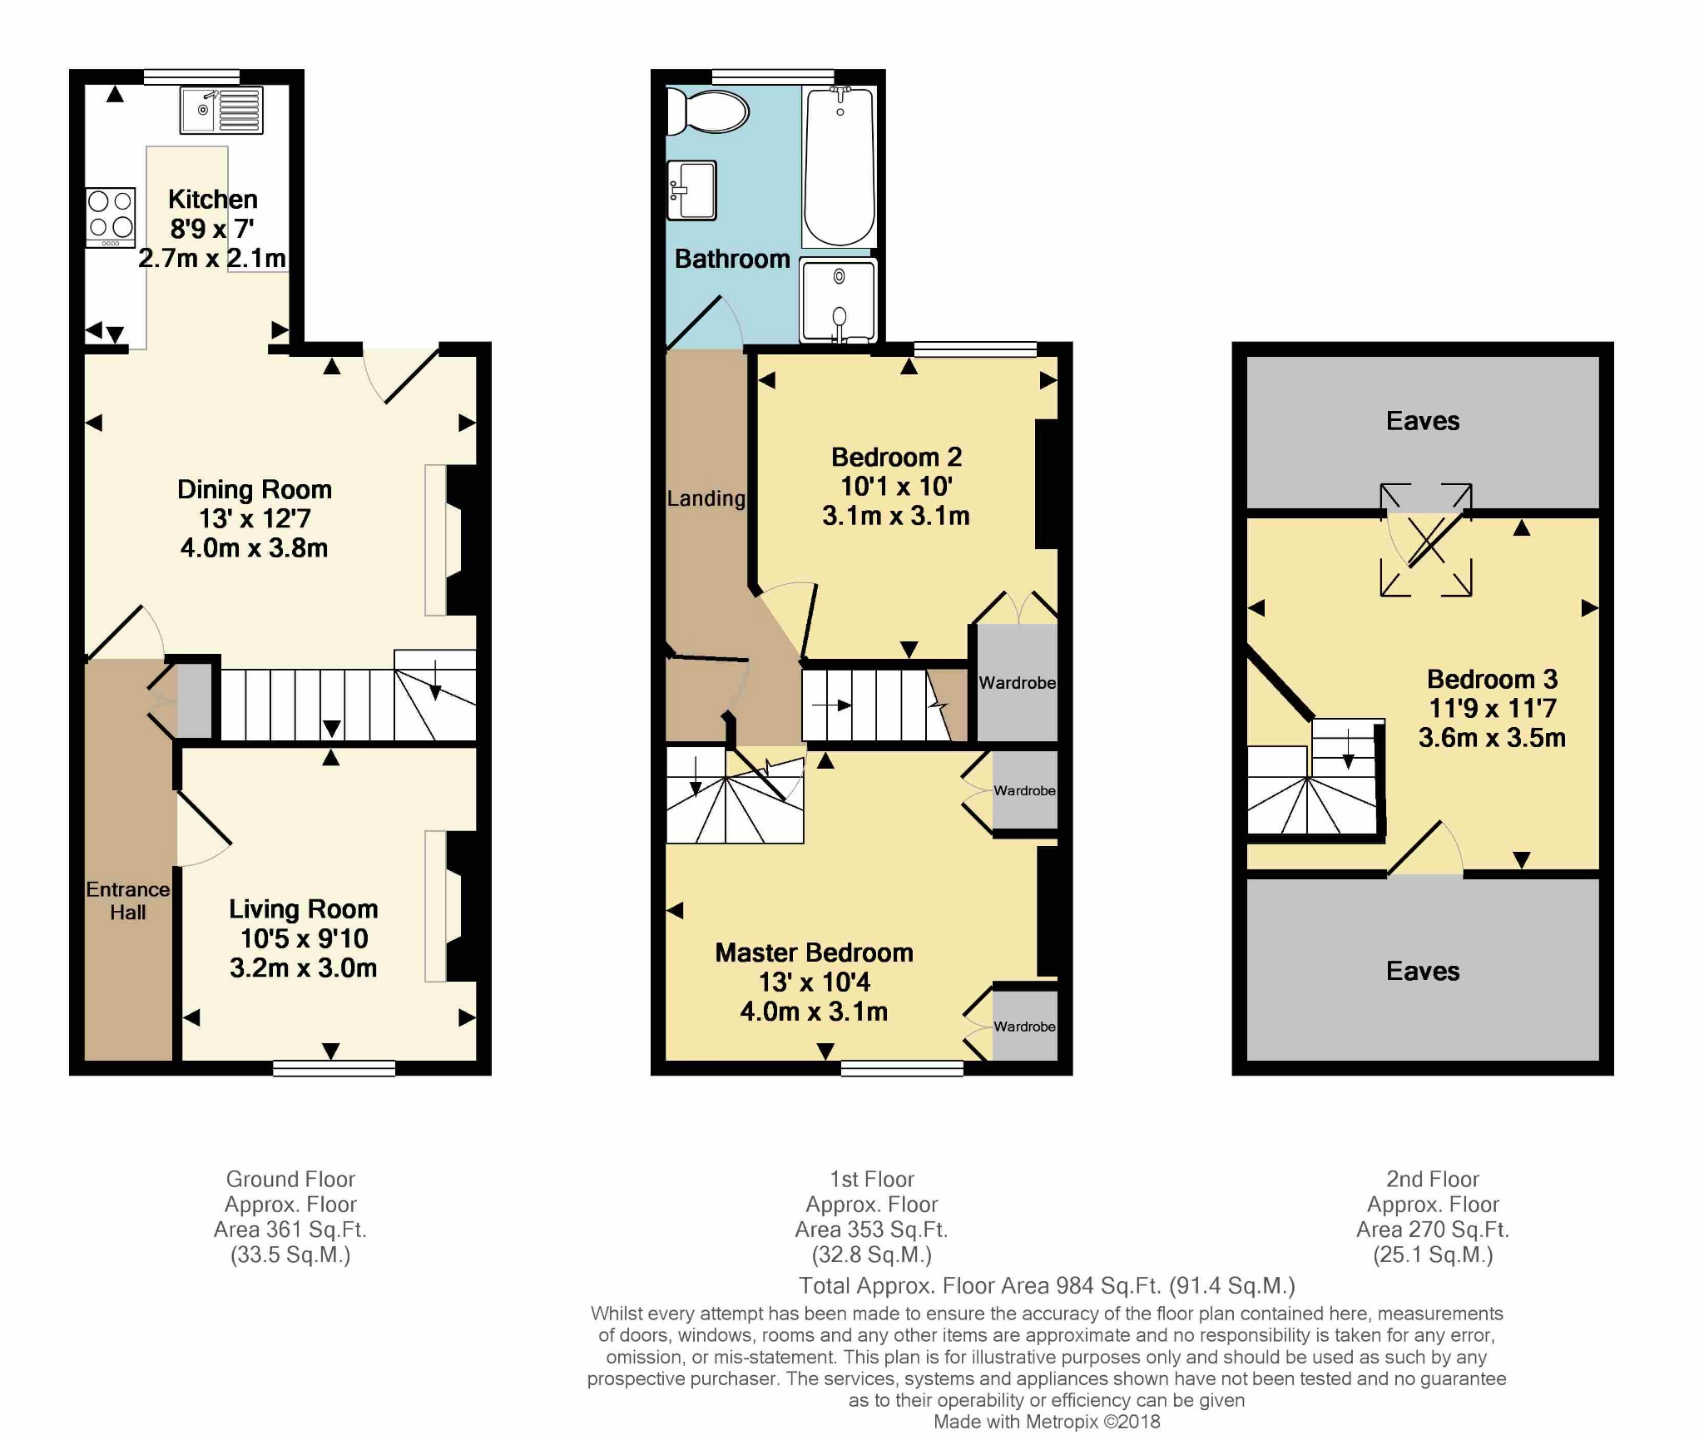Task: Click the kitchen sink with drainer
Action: pyautogui.click(x=221, y=110)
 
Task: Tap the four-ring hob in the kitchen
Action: pyautogui.click(x=111, y=217)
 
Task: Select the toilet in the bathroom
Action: pyautogui.click(x=708, y=111)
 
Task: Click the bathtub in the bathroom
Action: pyautogui.click(x=840, y=167)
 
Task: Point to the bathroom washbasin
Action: pyautogui.click(x=691, y=191)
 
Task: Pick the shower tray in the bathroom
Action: pyautogui.click(x=838, y=300)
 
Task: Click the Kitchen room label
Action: pyautogui.click(x=213, y=199)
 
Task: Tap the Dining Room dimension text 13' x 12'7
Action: pyautogui.click(x=255, y=518)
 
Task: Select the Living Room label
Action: pyautogui.click(x=304, y=908)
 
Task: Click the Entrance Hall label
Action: pyautogui.click(x=128, y=900)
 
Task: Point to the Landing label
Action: pyautogui.click(x=706, y=498)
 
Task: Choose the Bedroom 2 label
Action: pyautogui.click(x=897, y=457)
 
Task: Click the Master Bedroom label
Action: pyautogui.click(x=815, y=953)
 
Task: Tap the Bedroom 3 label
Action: pyautogui.click(x=1493, y=679)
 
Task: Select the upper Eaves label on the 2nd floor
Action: pyautogui.click(x=1423, y=421)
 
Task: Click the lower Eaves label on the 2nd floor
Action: pyautogui.click(x=1423, y=971)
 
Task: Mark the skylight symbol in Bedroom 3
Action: pyautogui.click(x=1426, y=540)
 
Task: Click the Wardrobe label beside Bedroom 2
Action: pyautogui.click(x=1018, y=683)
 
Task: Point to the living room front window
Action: pyautogui.click(x=334, y=1068)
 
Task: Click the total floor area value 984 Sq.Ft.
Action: pyautogui.click(x=1108, y=1286)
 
